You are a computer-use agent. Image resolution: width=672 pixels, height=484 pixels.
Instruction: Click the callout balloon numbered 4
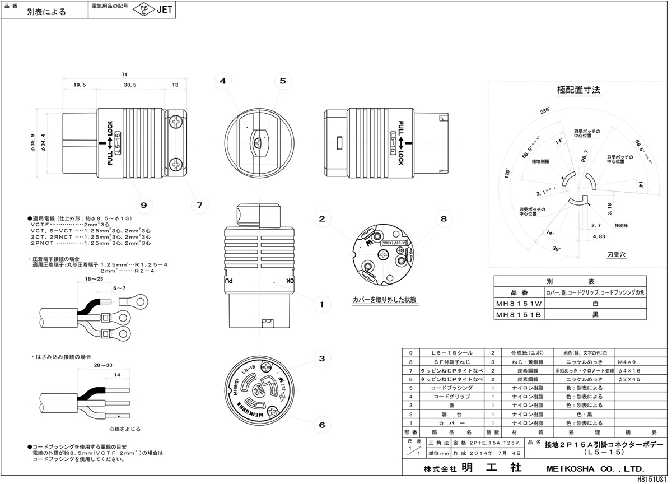222,81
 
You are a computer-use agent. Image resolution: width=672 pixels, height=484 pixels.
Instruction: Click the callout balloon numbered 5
282,81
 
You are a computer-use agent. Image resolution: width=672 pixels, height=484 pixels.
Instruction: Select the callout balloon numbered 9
143,205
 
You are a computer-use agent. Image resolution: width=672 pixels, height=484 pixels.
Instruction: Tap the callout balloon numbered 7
199,205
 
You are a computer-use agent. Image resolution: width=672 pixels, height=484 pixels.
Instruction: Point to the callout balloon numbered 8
443,219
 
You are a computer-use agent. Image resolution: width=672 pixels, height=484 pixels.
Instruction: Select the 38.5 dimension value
130,85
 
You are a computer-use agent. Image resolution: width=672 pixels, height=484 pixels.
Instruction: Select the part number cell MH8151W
519,304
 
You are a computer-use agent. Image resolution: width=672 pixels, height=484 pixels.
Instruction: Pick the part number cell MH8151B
519,315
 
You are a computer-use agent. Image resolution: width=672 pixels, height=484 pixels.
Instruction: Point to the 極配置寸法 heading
578,90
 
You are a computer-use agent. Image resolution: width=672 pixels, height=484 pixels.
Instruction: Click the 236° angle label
544,111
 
